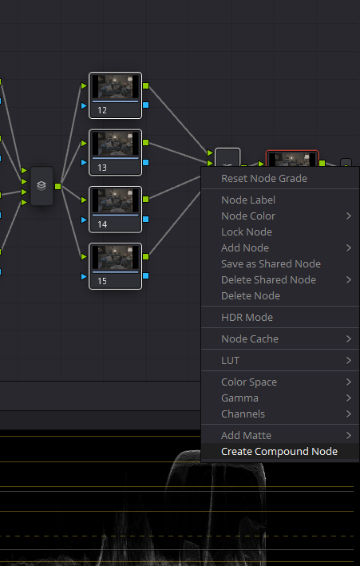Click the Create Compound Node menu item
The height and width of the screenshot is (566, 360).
[279, 452]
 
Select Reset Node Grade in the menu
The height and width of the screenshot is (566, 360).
[264, 178]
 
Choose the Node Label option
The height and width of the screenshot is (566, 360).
[248, 200]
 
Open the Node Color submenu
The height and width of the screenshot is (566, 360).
[248, 216]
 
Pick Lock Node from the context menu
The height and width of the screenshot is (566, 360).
[247, 232]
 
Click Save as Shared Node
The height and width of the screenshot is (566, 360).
[271, 264]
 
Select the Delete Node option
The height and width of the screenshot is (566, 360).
[251, 295]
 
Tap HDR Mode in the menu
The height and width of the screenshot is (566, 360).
[247, 317]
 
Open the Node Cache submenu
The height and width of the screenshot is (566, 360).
[250, 339]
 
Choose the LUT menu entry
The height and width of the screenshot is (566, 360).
[231, 361]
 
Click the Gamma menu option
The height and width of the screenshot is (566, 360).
[239, 398]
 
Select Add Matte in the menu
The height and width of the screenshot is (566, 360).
[247, 435]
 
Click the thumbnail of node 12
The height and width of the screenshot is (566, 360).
[115, 87]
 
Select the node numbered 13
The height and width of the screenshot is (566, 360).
[115, 152]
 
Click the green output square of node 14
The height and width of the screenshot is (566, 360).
[146, 200]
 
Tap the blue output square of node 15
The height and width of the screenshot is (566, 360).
[146, 275]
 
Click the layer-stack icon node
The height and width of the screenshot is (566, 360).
[42, 186]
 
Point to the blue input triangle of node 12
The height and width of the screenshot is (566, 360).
[84, 105]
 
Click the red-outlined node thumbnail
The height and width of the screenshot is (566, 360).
[292, 158]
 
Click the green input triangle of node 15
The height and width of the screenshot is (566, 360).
[84, 256]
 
